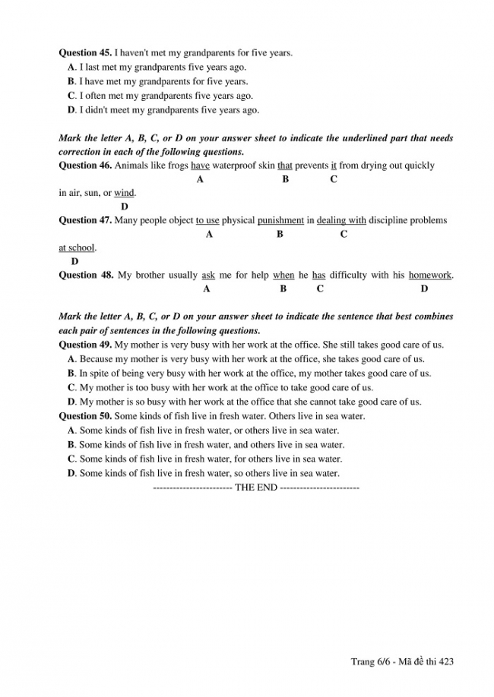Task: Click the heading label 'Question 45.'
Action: click(x=85, y=53)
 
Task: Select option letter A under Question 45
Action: click(x=71, y=68)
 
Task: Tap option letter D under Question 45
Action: click(x=71, y=110)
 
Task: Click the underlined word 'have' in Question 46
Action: click(x=200, y=166)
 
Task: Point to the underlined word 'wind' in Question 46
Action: click(x=124, y=193)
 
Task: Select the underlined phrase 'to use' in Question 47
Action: click(x=207, y=221)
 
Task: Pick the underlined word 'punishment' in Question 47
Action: click(x=280, y=221)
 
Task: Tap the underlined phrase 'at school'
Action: click(x=77, y=248)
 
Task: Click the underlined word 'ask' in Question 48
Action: click(x=208, y=276)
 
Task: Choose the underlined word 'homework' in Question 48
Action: click(x=429, y=276)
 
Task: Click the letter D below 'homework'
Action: click(x=424, y=289)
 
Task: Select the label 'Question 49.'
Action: click(x=85, y=345)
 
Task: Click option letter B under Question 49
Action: click(x=71, y=374)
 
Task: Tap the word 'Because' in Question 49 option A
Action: click(x=97, y=359)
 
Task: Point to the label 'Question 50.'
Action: click(x=85, y=416)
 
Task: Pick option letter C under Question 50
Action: click(x=71, y=459)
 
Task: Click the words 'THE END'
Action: click(x=256, y=487)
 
